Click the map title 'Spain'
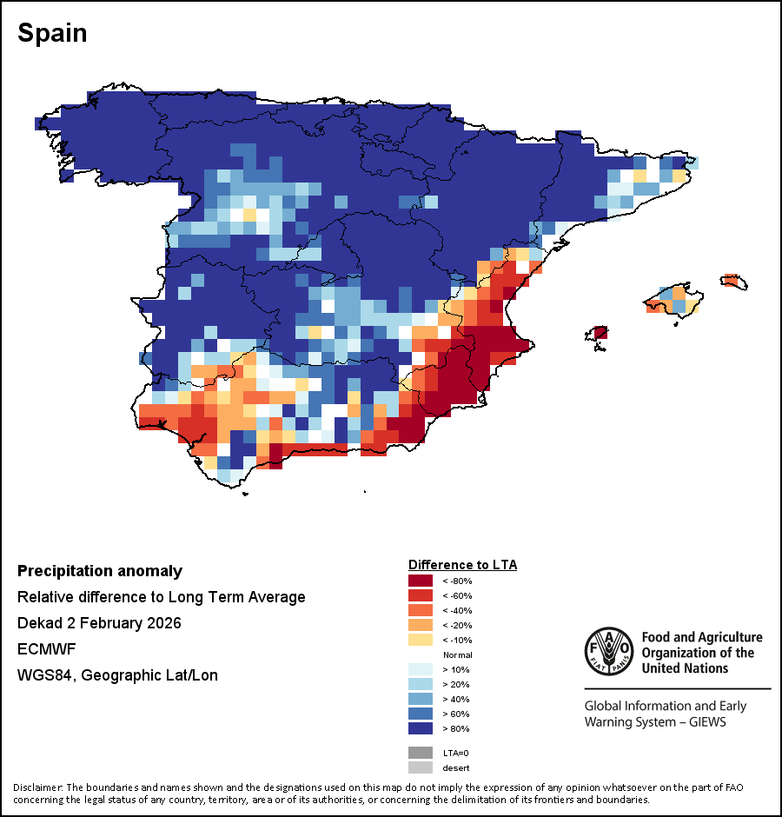point(52,34)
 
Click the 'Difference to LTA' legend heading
point(462,565)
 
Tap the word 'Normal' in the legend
point(457,654)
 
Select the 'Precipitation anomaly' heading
point(100,571)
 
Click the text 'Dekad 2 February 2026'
point(99,623)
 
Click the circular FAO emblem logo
point(608,651)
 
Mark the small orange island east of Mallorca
point(734,282)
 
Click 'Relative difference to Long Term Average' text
point(162,597)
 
